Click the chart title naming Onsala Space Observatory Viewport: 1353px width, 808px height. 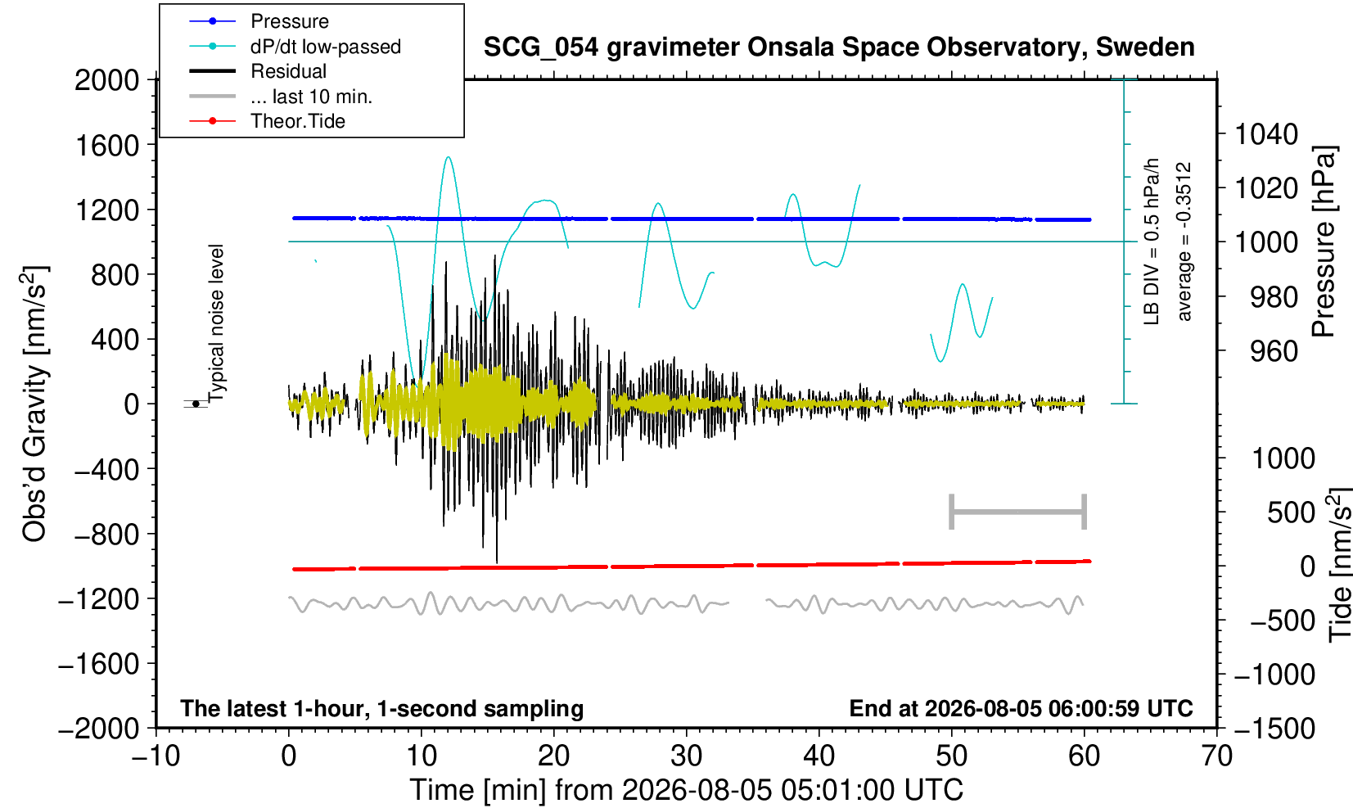click(839, 47)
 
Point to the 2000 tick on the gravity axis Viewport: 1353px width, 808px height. click(107, 79)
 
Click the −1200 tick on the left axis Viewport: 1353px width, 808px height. click(98, 599)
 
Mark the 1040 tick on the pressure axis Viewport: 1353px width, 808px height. click(1266, 133)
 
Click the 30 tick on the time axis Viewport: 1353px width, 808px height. click(687, 756)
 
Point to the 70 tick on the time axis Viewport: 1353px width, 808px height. click(1216, 756)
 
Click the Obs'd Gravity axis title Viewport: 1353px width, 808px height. click(34, 404)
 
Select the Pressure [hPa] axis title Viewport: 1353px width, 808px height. click(1324, 241)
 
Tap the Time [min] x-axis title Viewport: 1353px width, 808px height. click(686, 790)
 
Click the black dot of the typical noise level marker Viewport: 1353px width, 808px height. click(196, 404)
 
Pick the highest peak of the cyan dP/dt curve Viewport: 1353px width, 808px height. click(448, 157)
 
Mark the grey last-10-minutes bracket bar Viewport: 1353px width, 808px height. click(1018, 512)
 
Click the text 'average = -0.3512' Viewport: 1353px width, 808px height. click(1184, 241)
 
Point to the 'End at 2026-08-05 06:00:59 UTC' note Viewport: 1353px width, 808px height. click(1021, 708)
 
